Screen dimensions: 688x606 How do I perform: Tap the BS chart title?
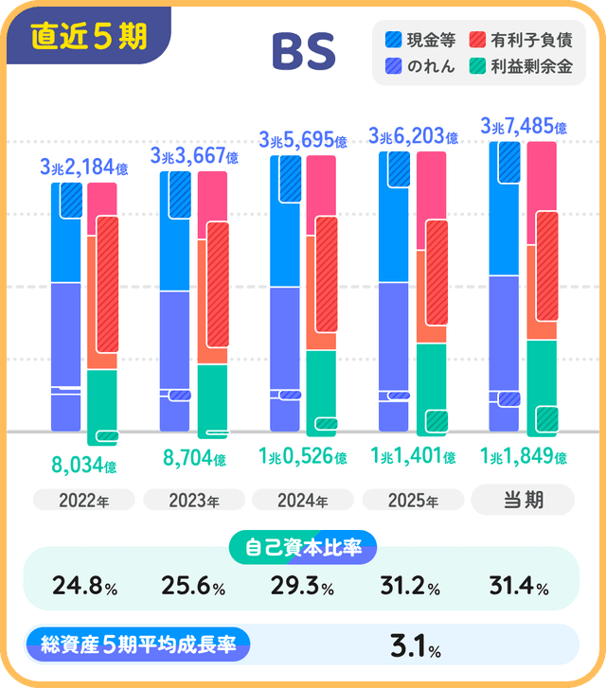click(303, 53)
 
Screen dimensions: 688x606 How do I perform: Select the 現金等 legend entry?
click(422, 41)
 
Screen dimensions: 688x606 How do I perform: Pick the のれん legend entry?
click(422, 66)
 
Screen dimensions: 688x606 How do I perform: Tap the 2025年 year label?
click(413, 501)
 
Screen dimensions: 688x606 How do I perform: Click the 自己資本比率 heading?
click(303, 547)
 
